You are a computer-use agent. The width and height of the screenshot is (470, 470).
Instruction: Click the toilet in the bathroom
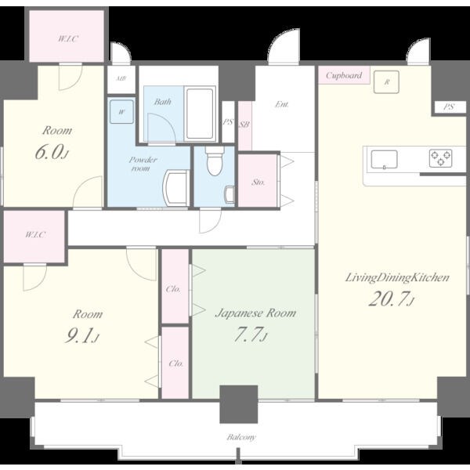[215, 161]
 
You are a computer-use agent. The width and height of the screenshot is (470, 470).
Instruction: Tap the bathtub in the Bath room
[200, 114]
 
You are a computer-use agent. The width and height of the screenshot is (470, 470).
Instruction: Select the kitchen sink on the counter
[385, 159]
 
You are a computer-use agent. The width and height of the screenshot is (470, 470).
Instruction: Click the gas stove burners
[440, 158]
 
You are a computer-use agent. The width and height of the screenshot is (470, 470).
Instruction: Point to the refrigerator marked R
[386, 81]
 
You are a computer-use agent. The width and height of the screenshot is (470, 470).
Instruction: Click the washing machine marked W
[121, 112]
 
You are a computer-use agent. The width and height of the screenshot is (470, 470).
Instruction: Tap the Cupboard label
[344, 75]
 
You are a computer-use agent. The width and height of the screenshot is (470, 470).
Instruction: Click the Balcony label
[241, 437]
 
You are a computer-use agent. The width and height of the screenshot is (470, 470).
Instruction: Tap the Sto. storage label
[258, 182]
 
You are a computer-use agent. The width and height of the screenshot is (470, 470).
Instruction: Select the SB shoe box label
[244, 125]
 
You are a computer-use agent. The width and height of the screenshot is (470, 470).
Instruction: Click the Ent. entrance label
[282, 104]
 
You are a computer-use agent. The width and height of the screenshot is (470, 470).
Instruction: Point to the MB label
[121, 79]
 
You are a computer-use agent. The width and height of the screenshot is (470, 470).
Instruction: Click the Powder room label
[143, 164]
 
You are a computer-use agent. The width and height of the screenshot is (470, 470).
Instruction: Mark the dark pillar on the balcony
[239, 404]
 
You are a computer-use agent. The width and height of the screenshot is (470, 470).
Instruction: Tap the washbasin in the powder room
[175, 188]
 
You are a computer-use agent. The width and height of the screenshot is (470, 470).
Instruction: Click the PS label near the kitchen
[448, 107]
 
